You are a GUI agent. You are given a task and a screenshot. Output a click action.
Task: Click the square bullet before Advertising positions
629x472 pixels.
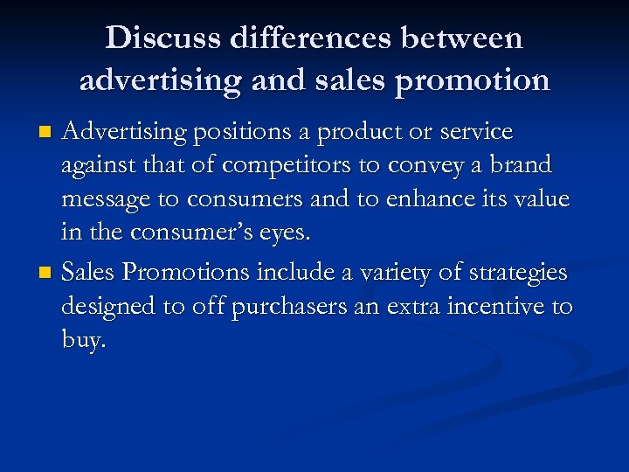coord(48,133)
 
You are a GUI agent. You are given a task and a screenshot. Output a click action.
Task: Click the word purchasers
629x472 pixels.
coord(289,308)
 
